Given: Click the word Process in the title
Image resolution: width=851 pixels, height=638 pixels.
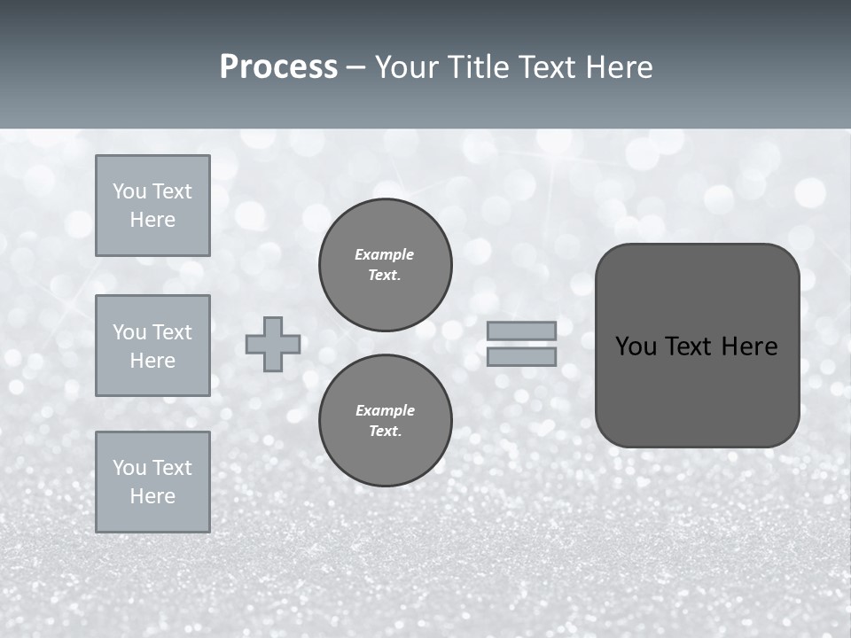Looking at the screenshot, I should [278, 67].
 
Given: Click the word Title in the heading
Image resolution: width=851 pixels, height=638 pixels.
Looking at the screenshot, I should [477, 67].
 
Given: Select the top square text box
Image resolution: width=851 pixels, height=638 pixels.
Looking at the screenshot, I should [152, 206].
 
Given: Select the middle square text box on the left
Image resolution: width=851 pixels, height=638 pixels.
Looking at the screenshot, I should [152, 346].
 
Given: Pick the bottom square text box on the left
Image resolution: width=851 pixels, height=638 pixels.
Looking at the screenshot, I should [152, 482].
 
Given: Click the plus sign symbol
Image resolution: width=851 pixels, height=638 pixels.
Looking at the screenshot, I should [273, 344].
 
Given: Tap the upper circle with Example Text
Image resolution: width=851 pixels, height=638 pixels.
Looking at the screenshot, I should [386, 264].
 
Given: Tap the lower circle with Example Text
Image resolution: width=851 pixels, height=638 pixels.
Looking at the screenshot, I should [386, 420].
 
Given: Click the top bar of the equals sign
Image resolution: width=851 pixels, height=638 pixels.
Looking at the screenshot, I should [521, 331].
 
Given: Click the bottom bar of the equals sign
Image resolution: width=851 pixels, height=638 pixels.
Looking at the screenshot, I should [521, 356].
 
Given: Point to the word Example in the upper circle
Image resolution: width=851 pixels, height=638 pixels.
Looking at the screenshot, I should [384, 254].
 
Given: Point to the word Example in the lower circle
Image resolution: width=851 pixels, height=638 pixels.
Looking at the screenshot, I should [385, 410].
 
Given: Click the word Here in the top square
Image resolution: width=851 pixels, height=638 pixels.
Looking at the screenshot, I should [152, 220].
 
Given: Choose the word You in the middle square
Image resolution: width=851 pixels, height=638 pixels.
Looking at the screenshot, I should [129, 332].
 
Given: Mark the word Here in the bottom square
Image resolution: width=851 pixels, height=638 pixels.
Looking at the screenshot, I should [152, 496].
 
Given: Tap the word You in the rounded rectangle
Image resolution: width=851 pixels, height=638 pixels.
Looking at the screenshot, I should [636, 346].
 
